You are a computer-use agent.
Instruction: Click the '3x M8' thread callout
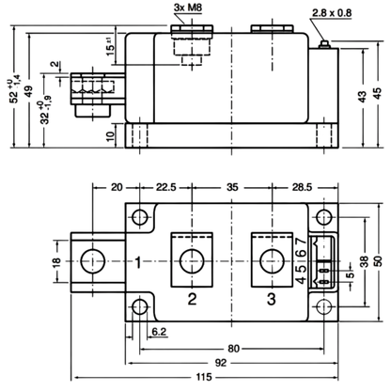[x=188, y=8]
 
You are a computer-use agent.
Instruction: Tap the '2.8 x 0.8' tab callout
[x=332, y=13]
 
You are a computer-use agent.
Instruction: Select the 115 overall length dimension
[x=204, y=377]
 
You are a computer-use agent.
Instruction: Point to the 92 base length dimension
[x=221, y=363]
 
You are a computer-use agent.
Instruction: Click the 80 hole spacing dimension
[x=233, y=349]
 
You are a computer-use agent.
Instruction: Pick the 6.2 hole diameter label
[x=159, y=332]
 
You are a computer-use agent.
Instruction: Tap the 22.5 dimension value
[x=166, y=187]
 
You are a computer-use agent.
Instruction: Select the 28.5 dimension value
[x=303, y=187]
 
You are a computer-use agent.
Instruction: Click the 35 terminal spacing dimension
[x=232, y=187]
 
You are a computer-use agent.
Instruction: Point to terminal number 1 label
[x=138, y=262]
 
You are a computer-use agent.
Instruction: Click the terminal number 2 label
[x=192, y=299]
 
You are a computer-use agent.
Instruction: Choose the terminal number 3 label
[x=272, y=299]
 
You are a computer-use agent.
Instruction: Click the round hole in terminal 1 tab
[x=93, y=261]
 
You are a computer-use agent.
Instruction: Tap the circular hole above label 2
[x=192, y=261]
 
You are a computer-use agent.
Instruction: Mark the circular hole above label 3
[x=273, y=261]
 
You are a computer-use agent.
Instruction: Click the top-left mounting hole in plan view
[x=140, y=217]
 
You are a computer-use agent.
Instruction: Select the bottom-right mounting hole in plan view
[x=323, y=307]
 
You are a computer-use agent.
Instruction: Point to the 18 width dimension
[x=56, y=261]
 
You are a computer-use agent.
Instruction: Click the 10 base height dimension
[x=110, y=136]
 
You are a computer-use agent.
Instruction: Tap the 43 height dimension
[x=362, y=97]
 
